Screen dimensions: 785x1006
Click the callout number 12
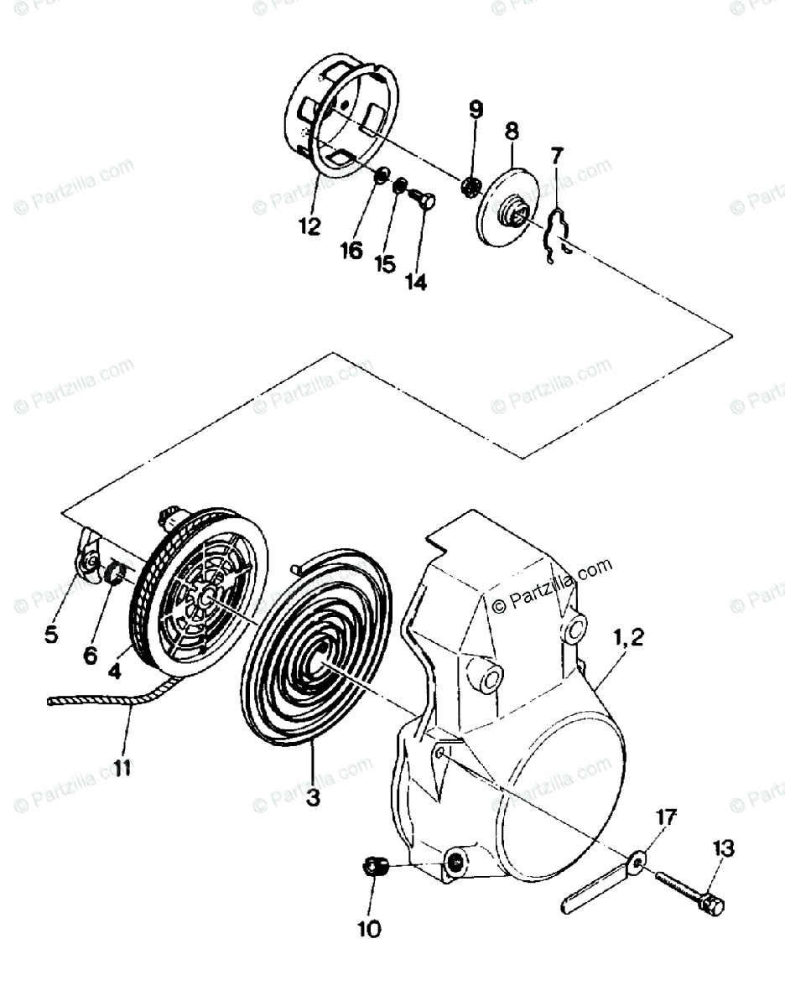pyautogui.click(x=309, y=226)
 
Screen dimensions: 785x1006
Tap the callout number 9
pyautogui.click(x=476, y=109)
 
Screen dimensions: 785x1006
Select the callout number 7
pyautogui.click(x=558, y=155)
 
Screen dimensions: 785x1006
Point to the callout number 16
pyautogui.click(x=352, y=249)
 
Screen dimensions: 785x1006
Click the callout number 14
pyautogui.click(x=415, y=283)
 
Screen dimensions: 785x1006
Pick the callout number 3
pyautogui.click(x=313, y=798)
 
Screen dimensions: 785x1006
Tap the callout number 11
pyautogui.click(x=122, y=768)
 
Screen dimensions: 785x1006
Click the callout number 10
pyautogui.click(x=369, y=929)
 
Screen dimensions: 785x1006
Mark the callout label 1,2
pyautogui.click(x=628, y=639)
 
